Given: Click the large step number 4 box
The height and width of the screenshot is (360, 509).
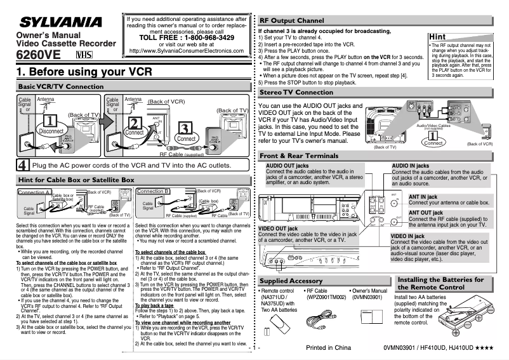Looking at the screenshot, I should point(22,165).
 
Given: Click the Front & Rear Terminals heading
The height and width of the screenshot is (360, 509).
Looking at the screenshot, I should point(307,156).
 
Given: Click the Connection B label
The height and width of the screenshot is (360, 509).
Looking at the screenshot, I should point(153,190).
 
